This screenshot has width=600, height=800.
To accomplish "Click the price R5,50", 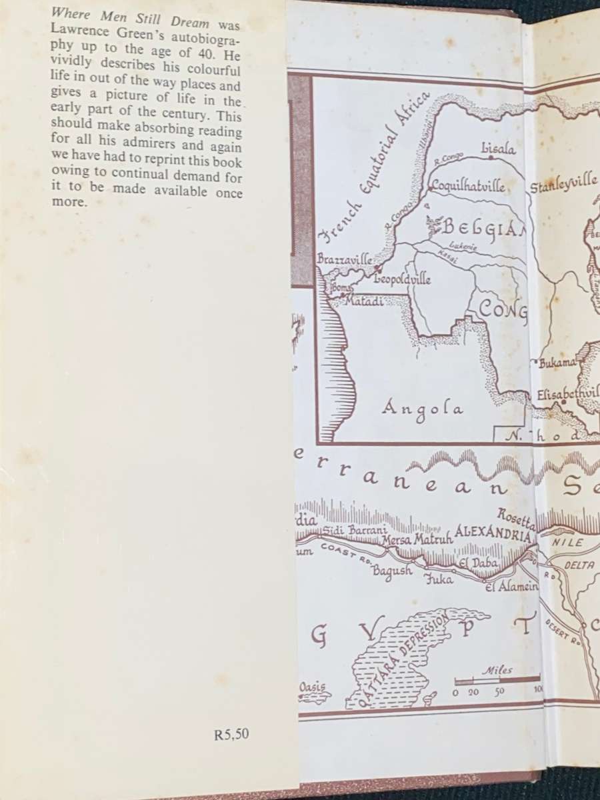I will [x=231, y=734].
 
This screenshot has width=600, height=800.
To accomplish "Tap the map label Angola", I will [x=423, y=408].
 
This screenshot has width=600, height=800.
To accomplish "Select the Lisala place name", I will [x=497, y=149].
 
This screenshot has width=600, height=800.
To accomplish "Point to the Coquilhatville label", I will [x=467, y=186].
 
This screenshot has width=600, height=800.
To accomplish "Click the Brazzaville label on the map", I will [x=345, y=260].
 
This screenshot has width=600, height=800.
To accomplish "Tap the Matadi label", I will [x=362, y=301].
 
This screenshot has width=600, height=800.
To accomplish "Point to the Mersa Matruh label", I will [x=417, y=540].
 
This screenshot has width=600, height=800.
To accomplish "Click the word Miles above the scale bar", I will [x=497, y=669].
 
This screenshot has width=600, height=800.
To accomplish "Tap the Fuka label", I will [x=439, y=579].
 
